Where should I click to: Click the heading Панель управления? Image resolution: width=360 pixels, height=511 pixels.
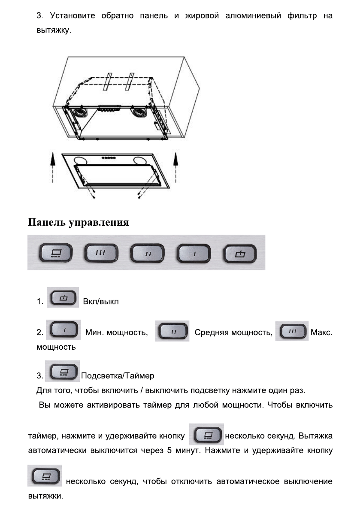tap(79, 222)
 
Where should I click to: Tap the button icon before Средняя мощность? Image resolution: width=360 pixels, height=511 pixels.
tap(172, 331)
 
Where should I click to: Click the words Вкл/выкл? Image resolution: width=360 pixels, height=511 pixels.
tap(100, 302)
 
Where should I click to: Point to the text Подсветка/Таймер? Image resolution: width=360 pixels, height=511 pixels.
tap(118, 376)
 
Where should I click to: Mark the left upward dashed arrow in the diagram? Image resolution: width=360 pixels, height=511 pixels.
tap(53, 170)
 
